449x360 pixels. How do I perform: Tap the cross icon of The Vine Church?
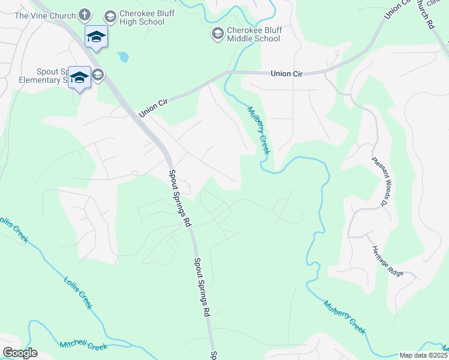click(85, 14)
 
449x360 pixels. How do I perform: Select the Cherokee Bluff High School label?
click(142, 17)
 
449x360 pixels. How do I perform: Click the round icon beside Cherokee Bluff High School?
click(110, 17)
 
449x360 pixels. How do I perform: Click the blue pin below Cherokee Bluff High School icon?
click(96, 37)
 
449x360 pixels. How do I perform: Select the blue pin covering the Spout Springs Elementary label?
click(79, 78)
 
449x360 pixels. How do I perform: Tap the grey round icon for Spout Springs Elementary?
click(98, 74)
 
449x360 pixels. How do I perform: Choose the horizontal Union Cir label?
click(286, 73)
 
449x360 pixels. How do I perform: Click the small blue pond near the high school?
click(123, 58)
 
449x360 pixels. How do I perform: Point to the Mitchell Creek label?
click(83, 346)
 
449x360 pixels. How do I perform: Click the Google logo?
click(20, 353)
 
